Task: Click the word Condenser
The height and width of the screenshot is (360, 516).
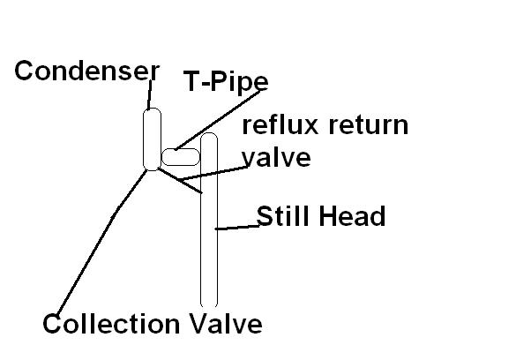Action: pos(87,71)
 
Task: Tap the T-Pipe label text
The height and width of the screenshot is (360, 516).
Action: pos(226,81)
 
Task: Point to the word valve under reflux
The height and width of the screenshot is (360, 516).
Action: pos(276,158)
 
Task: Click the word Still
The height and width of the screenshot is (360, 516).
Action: pos(283,216)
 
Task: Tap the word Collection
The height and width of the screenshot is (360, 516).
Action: pos(111,324)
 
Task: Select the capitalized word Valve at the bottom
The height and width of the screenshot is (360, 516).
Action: pos(226,324)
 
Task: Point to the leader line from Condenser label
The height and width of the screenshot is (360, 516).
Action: pos(150,94)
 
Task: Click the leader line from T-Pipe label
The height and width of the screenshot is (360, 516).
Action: pos(218,120)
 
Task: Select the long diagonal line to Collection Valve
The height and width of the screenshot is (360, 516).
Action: pos(101,243)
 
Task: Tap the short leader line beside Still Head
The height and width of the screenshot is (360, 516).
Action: pos(237,227)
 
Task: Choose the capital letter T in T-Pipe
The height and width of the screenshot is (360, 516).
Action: pos(191,81)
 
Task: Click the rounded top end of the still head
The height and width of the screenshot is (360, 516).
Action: pos(209,132)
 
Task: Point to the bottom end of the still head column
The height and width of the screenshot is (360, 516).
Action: pos(209,306)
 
